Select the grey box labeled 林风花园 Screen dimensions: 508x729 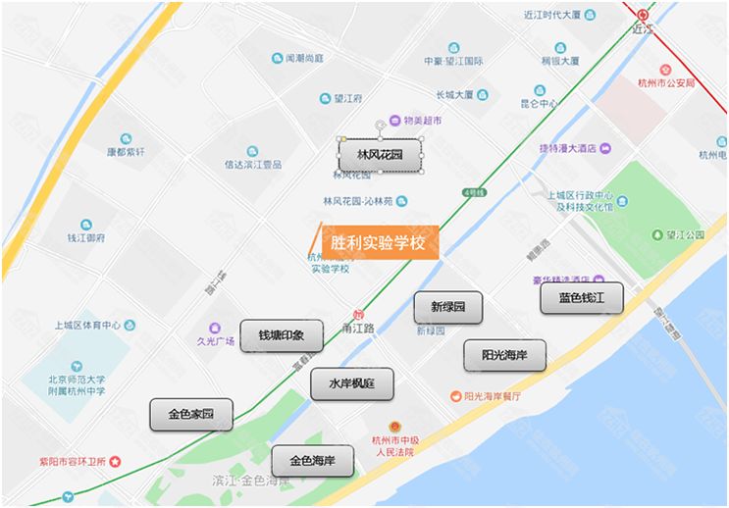pyautogui.click(x=381, y=155)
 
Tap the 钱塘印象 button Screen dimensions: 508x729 pyautogui.click(x=282, y=335)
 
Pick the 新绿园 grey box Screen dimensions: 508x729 pyautogui.click(x=447, y=307)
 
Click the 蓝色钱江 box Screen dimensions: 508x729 pyautogui.click(x=582, y=297)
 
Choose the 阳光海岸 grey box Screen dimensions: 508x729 pyautogui.click(x=504, y=355)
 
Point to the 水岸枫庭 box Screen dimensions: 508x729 pyautogui.click(x=352, y=384)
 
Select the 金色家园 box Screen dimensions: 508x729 pyautogui.click(x=191, y=414)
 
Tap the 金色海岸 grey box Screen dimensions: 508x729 pyautogui.click(x=312, y=460)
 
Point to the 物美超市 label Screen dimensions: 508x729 pyautogui.click(x=416, y=121)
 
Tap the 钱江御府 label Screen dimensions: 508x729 pyautogui.click(x=86, y=237)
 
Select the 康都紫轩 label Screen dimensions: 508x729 pyautogui.click(x=126, y=152)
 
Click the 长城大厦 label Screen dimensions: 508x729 pyautogui.click(x=454, y=94)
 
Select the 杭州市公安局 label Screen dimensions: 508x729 pyautogui.click(x=665, y=82)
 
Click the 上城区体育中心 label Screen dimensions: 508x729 pyautogui.click(x=87, y=326)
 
